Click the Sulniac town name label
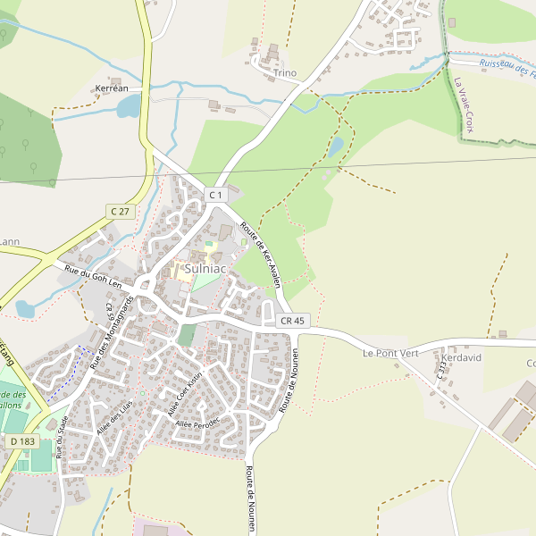tap(205, 268)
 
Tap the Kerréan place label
tap(112, 88)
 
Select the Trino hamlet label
tap(285, 73)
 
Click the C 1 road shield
tap(215, 195)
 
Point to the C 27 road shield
tap(118, 211)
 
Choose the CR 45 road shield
tap(292, 321)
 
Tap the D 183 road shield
tap(23, 441)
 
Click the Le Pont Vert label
tap(390, 353)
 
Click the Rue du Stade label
tap(62, 439)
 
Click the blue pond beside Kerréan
tap(129, 107)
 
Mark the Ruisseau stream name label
tap(506, 67)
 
